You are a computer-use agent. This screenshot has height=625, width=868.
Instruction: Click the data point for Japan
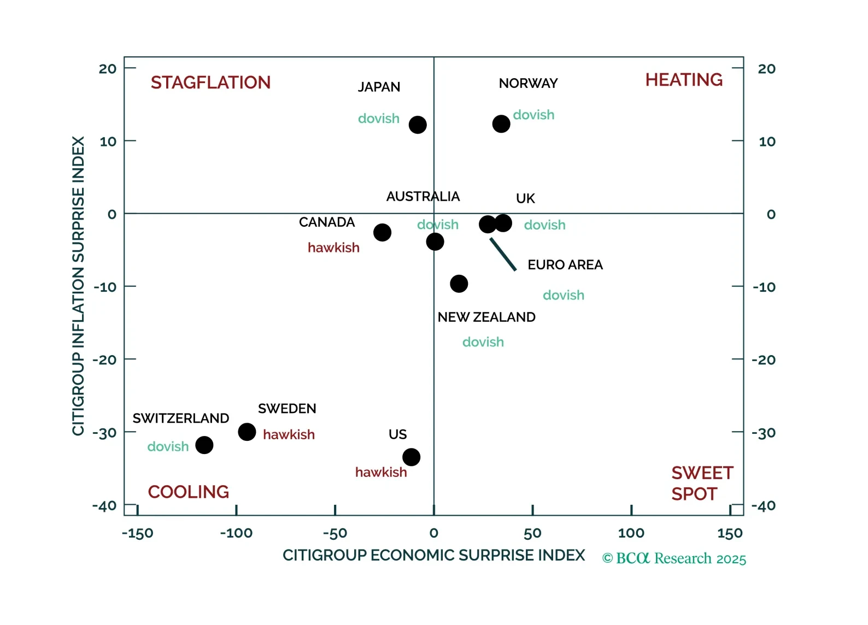tap(418, 125)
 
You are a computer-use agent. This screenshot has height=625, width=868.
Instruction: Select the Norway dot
tap(501, 124)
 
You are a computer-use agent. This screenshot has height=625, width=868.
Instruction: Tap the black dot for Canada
tap(382, 232)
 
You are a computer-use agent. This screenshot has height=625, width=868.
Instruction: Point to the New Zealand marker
tap(459, 284)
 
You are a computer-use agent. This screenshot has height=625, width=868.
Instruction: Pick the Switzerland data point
tap(204, 445)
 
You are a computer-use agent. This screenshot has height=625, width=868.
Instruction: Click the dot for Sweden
tap(247, 432)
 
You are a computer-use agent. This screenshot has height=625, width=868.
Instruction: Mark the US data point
tap(412, 457)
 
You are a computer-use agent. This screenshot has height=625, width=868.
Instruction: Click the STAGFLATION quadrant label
tap(210, 82)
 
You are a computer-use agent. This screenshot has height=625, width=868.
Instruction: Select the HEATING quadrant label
tap(684, 80)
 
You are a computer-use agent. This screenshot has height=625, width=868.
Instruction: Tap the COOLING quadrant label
tap(188, 492)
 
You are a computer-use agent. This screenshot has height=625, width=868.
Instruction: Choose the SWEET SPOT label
tap(702, 484)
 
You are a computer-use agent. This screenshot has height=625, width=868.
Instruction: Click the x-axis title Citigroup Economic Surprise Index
tap(433, 555)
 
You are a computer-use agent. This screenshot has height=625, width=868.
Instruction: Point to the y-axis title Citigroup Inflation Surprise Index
tap(79, 286)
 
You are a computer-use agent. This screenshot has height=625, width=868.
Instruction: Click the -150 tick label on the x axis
tap(137, 533)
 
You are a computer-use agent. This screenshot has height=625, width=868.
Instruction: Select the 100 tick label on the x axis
tap(631, 533)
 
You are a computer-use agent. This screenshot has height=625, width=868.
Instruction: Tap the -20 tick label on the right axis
tap(764, 359)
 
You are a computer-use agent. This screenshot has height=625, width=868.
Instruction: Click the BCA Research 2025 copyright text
tap(674, 558)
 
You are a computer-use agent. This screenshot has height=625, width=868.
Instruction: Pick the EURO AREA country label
tap(565, 265)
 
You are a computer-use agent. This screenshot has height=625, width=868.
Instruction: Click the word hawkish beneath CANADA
tap(333, 248)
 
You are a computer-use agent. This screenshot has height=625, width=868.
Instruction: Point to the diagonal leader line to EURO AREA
tap(503, 254)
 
